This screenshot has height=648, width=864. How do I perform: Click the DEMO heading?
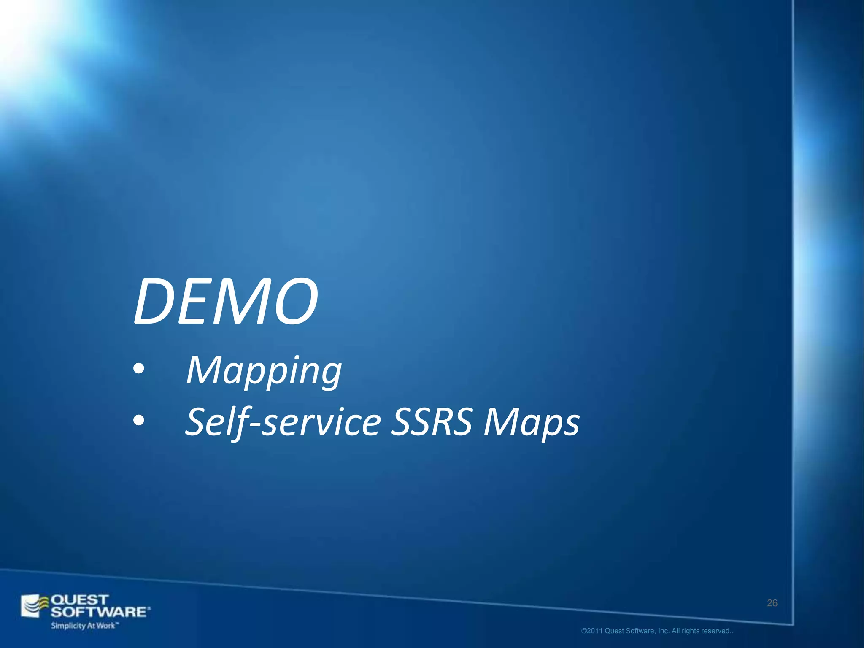pos(226,302)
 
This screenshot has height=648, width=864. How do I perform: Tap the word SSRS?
pos(431,422)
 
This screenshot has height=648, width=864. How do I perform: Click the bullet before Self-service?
pos(138,421)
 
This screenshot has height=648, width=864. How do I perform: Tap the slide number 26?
pos(772,603)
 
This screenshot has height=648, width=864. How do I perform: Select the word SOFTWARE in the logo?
pos(100,612)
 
